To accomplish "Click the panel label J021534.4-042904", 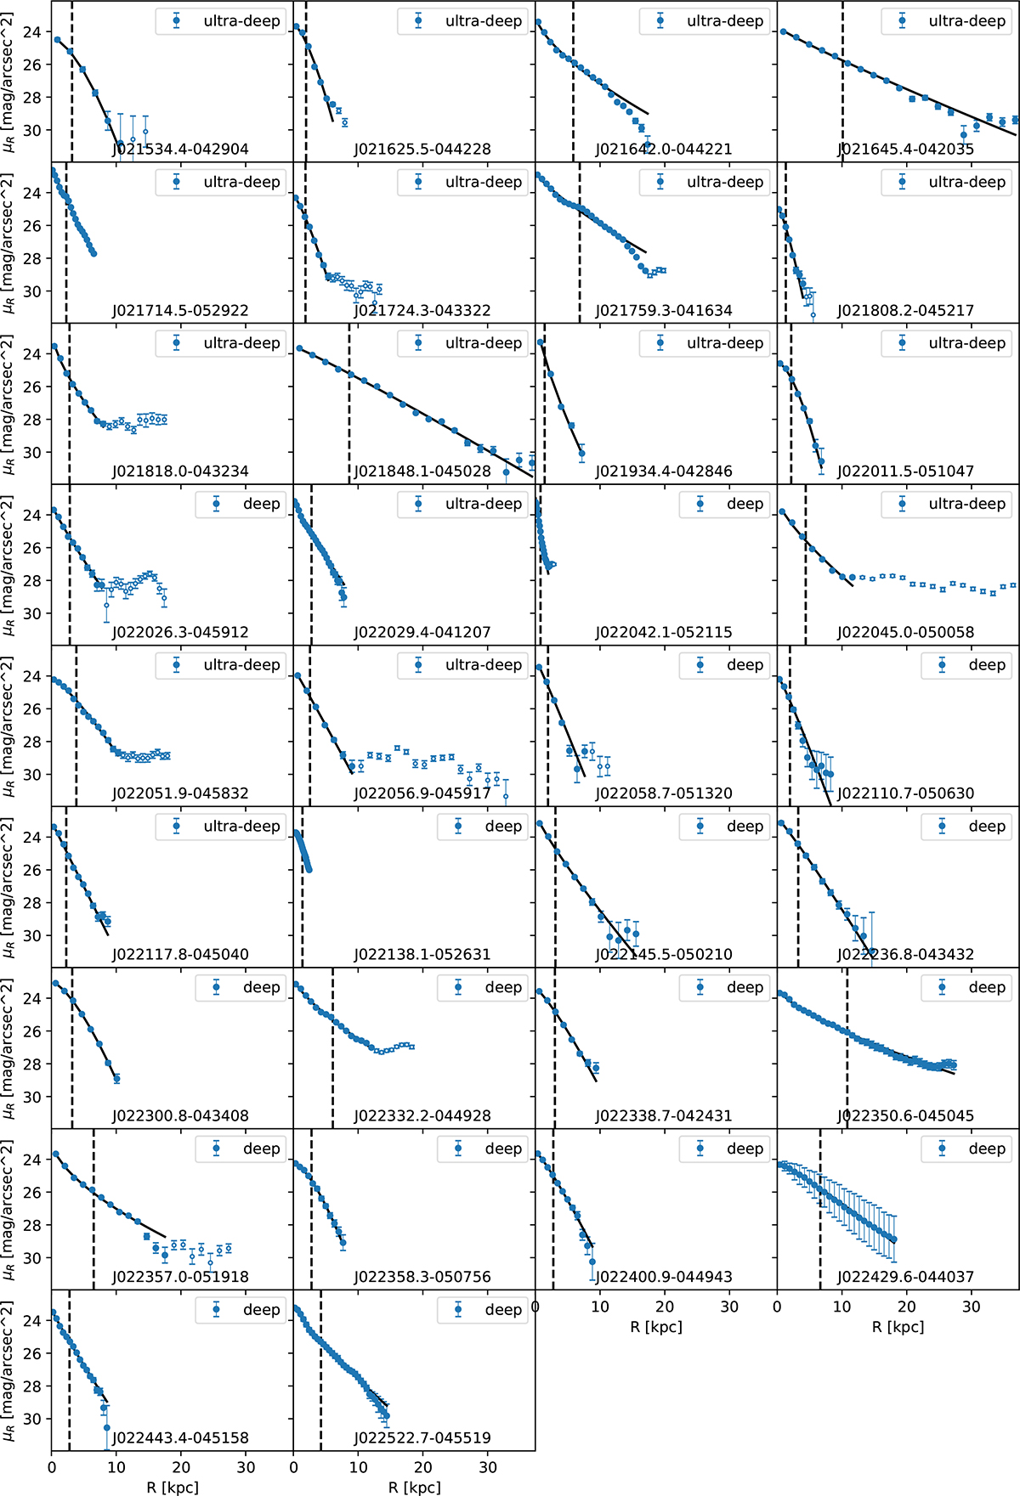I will (180, 150).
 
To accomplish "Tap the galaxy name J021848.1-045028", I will (422, 471).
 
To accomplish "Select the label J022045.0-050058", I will (905, 632).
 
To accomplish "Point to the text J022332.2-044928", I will (422, 1115).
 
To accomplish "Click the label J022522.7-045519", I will (422, 1437).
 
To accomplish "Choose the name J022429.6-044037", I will (905, 1277).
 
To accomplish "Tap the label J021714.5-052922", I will (180, 311).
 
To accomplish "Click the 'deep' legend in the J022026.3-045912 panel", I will (241, 504).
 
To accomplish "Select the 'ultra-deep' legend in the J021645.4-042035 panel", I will (948, 21).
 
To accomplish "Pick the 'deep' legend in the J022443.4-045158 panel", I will (241, 1309).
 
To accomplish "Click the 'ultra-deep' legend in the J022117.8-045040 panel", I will (222, 826).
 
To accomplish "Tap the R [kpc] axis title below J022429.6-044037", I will (898, 1326).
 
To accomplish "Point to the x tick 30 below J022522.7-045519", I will (488, 1466).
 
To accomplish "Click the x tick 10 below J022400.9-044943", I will (600, 1306).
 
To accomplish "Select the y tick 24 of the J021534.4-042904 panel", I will (32, 32).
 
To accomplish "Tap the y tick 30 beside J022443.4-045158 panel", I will (32, 1419).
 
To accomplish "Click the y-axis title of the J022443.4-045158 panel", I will (9, 1370).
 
